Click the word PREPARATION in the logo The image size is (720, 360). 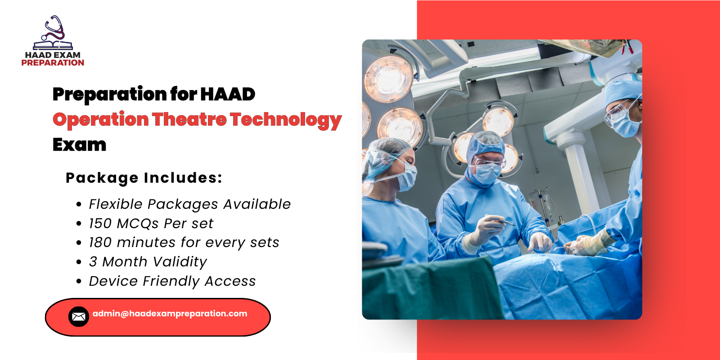coord(53,63)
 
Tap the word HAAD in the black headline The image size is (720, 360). coord(228,94)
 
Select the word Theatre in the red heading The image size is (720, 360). coord(189,120)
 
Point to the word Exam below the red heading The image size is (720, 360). coord(79,145)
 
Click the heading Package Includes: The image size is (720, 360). coord(144,178)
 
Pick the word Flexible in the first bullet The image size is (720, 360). coord(116,204)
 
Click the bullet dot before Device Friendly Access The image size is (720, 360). coord(79,282)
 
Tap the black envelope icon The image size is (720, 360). coord(78,317)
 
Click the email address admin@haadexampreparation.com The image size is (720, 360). coord(170,314)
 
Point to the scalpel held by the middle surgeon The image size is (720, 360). coord(503,222)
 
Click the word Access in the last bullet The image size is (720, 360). coord(230,281)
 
